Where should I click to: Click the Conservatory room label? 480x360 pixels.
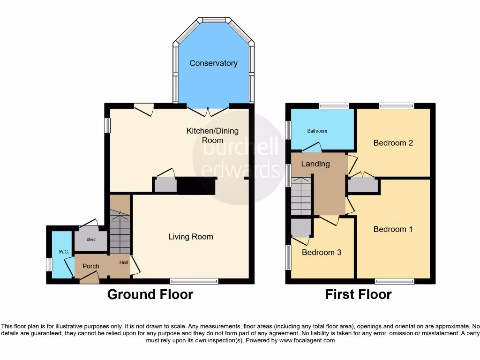(x=213, y=63)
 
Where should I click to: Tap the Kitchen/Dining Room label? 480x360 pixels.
(x=212, y=135)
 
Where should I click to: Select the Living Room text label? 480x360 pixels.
(x=191, y=237)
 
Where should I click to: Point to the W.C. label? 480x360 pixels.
(x=64, y=252)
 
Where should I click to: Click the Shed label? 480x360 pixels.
(x=91, y=240)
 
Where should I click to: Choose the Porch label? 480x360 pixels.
(x=91, y=266)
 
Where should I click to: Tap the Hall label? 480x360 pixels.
(x=123, y=262)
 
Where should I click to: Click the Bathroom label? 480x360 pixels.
(x=317, y=131)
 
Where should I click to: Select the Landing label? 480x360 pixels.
(x=315, y=164)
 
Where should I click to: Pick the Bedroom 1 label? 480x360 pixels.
(x=393, y=229)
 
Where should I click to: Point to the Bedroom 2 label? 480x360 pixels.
(x=393, y=143)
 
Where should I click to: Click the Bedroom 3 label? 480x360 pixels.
(x=321, y=253)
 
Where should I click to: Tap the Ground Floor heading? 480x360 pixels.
(x=150, y=294)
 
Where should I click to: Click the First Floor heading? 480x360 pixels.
(x=359, y=294)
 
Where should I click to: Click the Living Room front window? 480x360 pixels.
(x=194, y=281)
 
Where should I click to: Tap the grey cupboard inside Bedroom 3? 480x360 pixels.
(x=300, y=228)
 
